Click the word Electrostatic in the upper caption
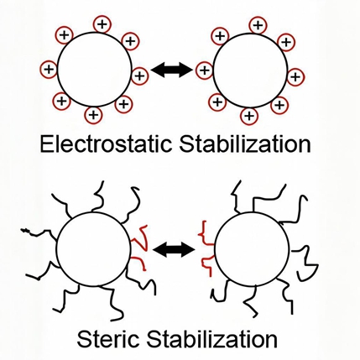[106, 144]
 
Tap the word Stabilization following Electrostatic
[245, 143]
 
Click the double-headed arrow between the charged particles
[172, 70]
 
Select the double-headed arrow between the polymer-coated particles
[174, 249]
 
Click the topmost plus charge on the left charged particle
[102, 24]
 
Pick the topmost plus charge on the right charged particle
[258, 25]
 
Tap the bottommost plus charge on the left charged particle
[94, 115]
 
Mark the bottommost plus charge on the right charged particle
[249, 115]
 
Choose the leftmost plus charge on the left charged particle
[49, 69]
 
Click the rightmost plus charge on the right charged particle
[295, 76]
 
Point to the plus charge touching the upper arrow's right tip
[205, 70]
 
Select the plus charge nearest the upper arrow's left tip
[139, 76]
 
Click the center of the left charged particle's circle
[95, 70]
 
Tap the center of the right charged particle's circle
[250, 70]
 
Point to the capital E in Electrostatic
[46, 144]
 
